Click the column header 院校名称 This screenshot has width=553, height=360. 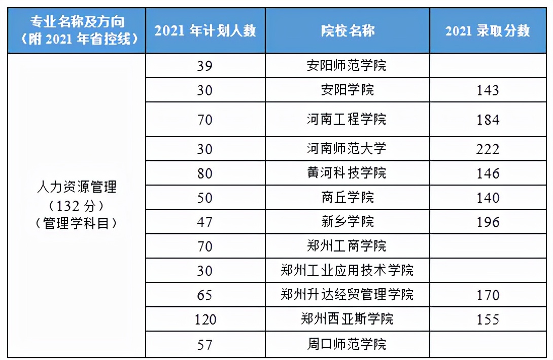point(348,30)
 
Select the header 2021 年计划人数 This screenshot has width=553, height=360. point(205,30)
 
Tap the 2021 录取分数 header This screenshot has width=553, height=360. point(488,30)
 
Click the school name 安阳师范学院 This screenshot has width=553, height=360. point(348,65)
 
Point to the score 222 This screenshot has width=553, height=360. point(488,149)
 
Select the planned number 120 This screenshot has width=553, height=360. point(205,319)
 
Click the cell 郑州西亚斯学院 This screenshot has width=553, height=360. point(348,319)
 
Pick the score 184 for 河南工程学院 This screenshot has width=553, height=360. point(488,120)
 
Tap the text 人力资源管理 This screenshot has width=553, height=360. point(77,187)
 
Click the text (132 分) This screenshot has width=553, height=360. point(77,205)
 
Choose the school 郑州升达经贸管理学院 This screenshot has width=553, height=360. point(348,295)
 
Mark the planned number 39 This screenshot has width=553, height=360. point(205,66)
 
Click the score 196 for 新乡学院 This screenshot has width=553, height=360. point(488,222)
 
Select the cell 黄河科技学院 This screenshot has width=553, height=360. point(348,173)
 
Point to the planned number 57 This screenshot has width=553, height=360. point(205,344)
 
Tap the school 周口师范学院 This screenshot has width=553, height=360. point(348,344)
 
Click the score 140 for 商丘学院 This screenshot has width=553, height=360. point(488,198)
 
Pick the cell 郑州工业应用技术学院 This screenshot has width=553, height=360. point(348,270)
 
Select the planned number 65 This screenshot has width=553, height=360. point(205,295)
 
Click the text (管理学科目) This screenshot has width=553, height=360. point(77,224)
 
